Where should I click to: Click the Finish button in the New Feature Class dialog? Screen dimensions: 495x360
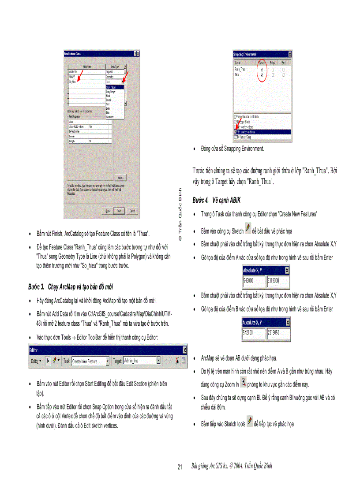click(x=119, y=211)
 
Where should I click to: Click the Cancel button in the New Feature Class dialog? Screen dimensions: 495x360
click(x=132, y=211)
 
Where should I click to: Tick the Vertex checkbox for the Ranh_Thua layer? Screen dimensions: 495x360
click(x=262, y=69)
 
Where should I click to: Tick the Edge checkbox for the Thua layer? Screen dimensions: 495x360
click(x=273, y=75)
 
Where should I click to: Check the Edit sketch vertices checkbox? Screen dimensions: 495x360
click(x=236, y=131)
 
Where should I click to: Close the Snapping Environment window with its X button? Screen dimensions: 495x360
click(x=289, y=54)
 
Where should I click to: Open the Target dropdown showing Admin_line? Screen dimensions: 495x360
click(x=141, y=361)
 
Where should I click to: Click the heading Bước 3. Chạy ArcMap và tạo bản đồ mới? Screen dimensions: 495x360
click(x=71, y=287)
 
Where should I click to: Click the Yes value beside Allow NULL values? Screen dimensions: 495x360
click(x=91, y=127)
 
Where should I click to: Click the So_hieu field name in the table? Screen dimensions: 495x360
click(x=73, y=82)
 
